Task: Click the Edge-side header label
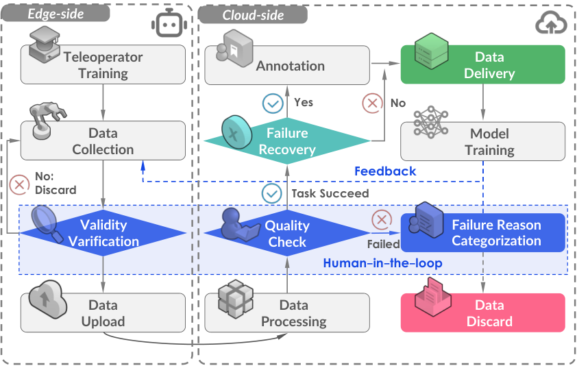(56, 14)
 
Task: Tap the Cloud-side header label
(253, 15)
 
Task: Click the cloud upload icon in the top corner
(551, 23)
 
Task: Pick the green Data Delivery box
(483, 64)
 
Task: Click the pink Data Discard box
(483, 313)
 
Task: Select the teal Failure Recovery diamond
(287, 141)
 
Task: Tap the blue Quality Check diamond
(287, 234)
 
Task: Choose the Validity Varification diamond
(103, 233)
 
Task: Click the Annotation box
(287, 65)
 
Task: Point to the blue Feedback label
(385, 171)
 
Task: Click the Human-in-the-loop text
(382, 263)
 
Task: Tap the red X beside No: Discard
(19, 184)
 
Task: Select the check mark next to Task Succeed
(272, 193)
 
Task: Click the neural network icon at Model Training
(431, 122)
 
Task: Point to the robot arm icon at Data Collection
(47, 121)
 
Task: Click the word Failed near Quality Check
(384, 244)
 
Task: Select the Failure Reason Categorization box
(483, 233)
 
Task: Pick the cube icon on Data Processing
(236, 299)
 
